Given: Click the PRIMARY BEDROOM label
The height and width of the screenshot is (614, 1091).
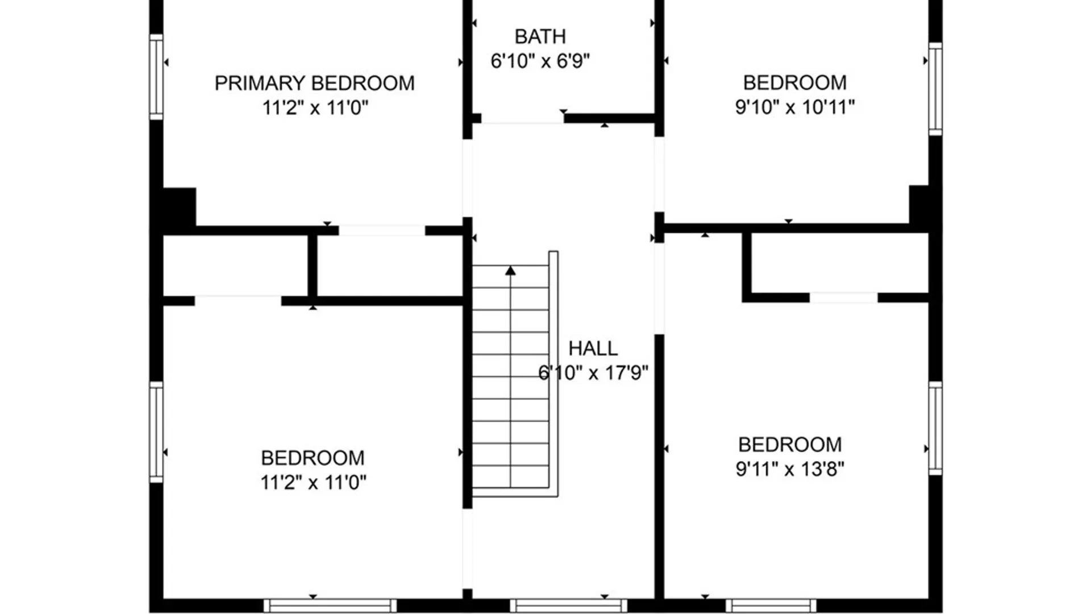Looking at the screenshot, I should (x=314, y=83).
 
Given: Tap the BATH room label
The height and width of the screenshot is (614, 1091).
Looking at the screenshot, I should (x=540, y=36).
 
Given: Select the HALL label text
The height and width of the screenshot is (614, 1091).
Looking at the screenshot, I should (x=593, y=348).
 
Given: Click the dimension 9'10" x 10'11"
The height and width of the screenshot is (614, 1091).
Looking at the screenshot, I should (x=794, y=107).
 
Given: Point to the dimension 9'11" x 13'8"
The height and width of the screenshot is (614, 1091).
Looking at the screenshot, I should (x=790, y=469).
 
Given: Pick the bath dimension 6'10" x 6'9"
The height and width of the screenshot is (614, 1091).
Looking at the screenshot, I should (x=540, y=61).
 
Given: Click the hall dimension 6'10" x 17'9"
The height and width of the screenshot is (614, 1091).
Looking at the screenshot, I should (x=593, y=373).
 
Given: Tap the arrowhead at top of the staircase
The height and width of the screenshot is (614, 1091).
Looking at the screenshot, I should (x=510, y=271).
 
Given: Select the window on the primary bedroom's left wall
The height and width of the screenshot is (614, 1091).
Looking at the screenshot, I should (x=156, y=77).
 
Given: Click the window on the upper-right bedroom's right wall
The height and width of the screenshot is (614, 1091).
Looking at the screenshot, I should (x=935, y=89).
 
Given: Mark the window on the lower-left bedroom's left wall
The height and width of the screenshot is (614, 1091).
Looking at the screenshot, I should (x=156, y=432).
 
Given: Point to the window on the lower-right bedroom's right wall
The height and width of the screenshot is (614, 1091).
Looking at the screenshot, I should (x=935, y=428).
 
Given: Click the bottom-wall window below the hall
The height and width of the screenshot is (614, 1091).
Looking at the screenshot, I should (x=568, y=605).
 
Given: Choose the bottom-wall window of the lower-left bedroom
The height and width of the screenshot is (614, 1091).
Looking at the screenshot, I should (x=330, y=605).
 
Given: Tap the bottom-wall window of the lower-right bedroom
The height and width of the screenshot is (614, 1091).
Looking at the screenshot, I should (x=771, y=605).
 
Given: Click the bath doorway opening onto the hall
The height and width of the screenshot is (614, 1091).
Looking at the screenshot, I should (x=523, y=119).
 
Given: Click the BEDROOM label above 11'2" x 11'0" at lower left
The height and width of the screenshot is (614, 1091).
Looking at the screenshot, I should (x=313, y=458).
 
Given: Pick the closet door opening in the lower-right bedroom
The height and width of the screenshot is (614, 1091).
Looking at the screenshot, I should (x=843, y=297).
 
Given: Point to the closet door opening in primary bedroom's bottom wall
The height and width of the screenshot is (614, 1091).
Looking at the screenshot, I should (x=382, y=230).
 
